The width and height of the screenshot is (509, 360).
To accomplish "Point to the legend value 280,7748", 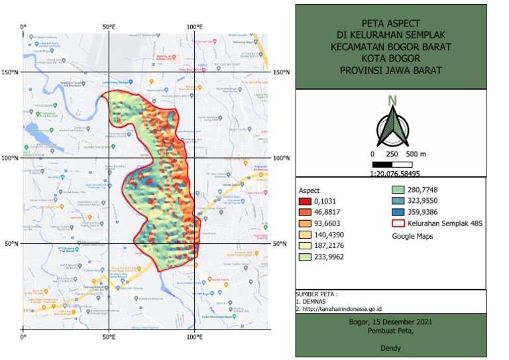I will (424, 190).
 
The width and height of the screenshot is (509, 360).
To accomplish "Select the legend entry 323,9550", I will (424, 200).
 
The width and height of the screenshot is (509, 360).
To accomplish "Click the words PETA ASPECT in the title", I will (391, 22).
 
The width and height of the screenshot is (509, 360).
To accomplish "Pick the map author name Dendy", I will (391, 347).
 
